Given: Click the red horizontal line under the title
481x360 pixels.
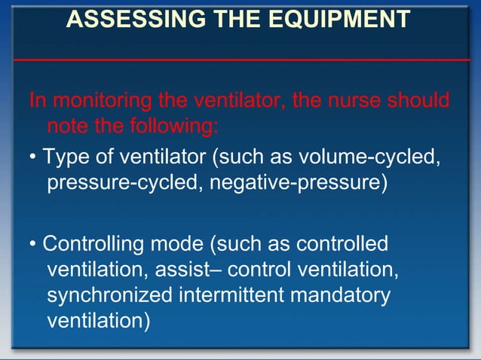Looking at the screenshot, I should click(x=240, y=59).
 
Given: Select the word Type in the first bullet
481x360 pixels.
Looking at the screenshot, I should click(x=64, y=158).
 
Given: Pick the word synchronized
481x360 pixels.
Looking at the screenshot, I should click(x=109, y=294).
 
